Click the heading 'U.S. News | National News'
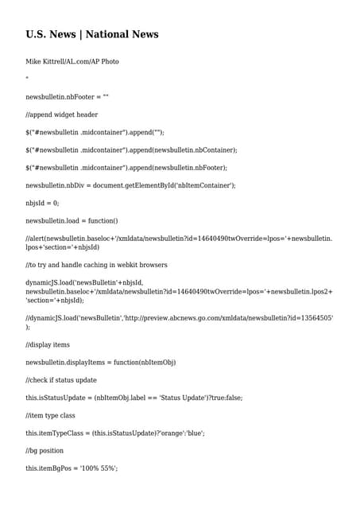pos(92,34)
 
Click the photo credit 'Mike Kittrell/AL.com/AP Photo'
pos(72,61)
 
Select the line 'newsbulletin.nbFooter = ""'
pos(67,97)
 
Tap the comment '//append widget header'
pos(61,115)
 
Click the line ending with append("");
pos(100,132)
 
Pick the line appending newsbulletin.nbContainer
pos(131,150)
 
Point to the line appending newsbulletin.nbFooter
pos(126,168)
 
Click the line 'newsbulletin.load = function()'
pos(72,220)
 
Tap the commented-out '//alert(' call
pos(35,239)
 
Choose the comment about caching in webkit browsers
pos(96,265)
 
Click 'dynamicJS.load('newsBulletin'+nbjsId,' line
pos(84,282)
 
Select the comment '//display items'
pos(48,344)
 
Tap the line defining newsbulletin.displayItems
pos(100,362)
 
